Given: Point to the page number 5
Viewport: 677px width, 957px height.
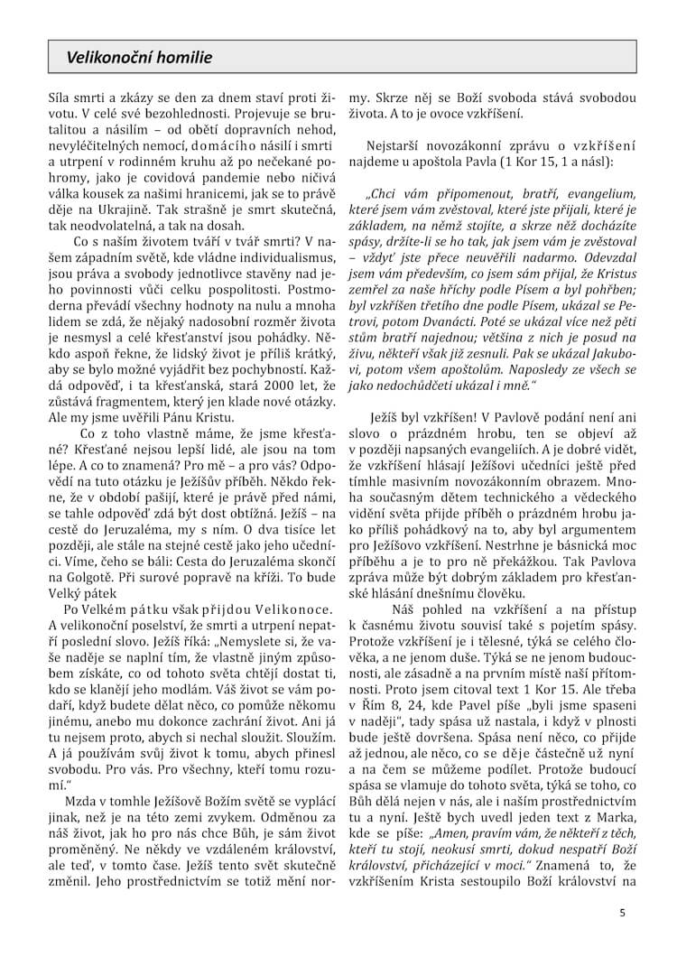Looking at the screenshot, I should tap(622, 912).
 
